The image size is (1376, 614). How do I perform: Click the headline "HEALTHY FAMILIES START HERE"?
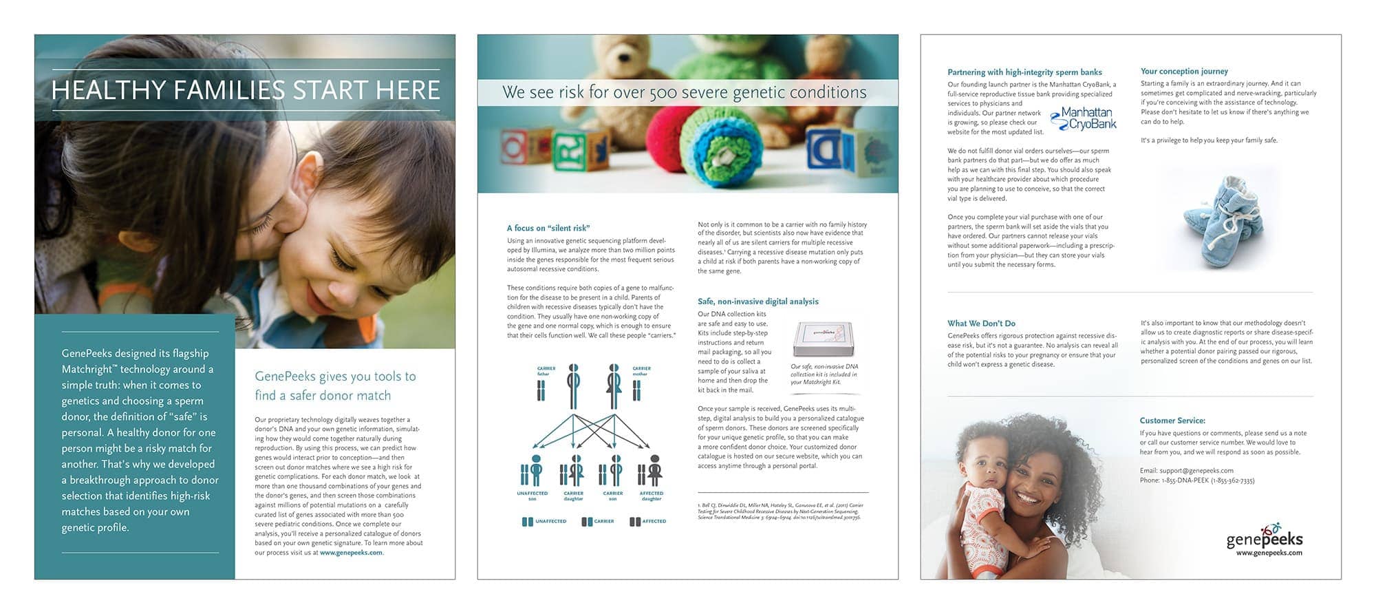click(245, 90)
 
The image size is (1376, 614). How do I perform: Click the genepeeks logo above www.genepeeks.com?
click(1265, 536)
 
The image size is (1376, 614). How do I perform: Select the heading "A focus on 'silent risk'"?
click(548, 228)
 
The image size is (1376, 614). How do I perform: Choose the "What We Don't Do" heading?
click(981, 323)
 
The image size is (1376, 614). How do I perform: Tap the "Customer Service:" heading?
click(1172, 420)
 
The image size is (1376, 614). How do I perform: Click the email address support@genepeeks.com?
click(1186, 471)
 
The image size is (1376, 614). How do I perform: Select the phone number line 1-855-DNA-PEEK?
click(1196, 480)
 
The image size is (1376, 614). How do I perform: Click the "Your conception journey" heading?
click(1184, 71)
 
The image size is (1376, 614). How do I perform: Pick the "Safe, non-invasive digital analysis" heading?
click(757, 301)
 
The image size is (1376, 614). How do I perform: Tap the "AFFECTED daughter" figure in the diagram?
click(652, 472)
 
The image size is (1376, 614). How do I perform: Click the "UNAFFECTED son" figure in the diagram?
click(533, 472)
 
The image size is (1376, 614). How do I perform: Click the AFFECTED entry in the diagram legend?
click(647, 521)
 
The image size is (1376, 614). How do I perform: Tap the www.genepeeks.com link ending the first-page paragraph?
click(351, 552)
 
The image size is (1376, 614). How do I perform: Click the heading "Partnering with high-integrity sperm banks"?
click(1024, 72)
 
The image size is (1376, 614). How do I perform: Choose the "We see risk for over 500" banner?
click(685, 92)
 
